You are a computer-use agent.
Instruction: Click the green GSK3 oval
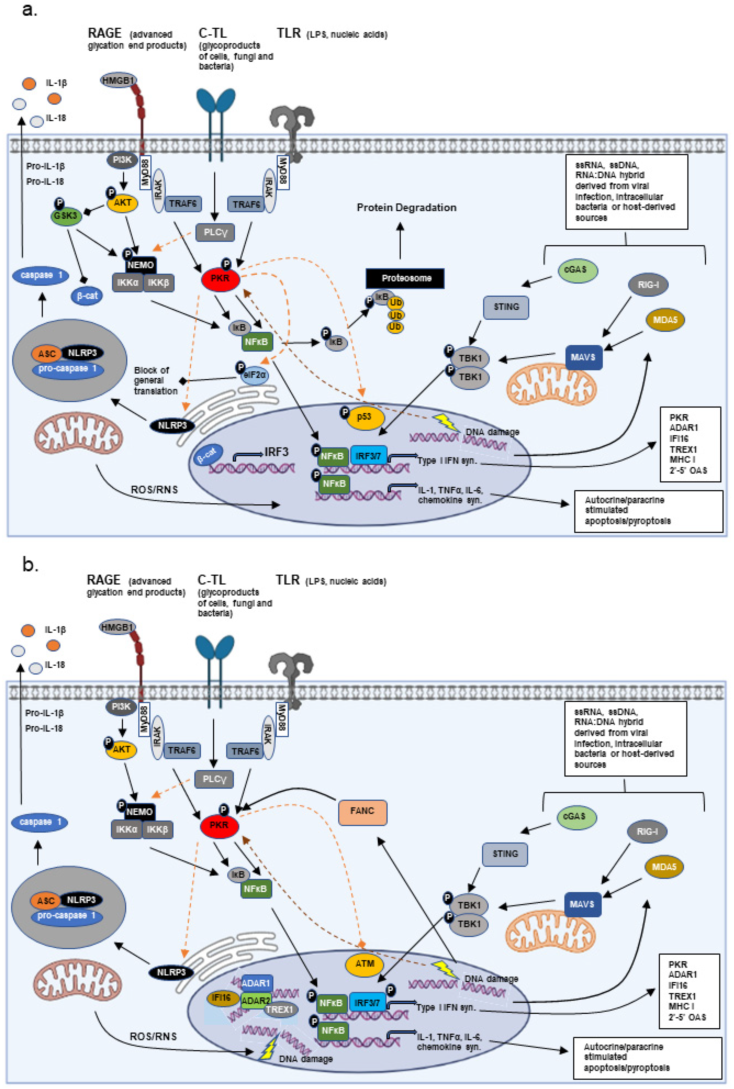(65, 216)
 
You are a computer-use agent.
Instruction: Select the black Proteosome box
(405, 278)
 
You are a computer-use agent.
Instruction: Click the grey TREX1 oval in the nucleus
(280, 1009)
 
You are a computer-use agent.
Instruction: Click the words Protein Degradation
(406, 207)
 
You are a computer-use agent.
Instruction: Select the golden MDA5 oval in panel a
(665, 320)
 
